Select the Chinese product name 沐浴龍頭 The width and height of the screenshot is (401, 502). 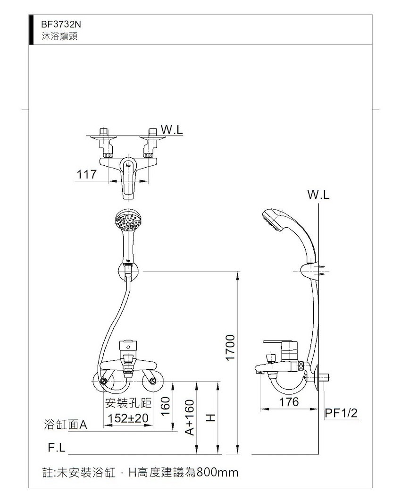(59, 36)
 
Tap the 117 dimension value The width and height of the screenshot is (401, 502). (86, 174)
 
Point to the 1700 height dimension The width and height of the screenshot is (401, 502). (231, 348)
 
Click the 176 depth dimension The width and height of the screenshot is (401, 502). (289, 402)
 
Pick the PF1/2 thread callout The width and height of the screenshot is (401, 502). (341, 413)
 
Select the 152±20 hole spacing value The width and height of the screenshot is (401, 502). (128, 418)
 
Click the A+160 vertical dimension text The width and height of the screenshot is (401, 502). (190, 417)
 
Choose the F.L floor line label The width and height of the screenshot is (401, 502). (57, 448)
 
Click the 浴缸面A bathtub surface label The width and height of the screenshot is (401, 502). (65, 425)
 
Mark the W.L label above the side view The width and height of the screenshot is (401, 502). (318, 195)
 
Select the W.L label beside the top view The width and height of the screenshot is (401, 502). (172, 130)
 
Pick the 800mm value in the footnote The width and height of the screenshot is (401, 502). (217, 472)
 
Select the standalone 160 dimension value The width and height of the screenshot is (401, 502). (165, 406)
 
